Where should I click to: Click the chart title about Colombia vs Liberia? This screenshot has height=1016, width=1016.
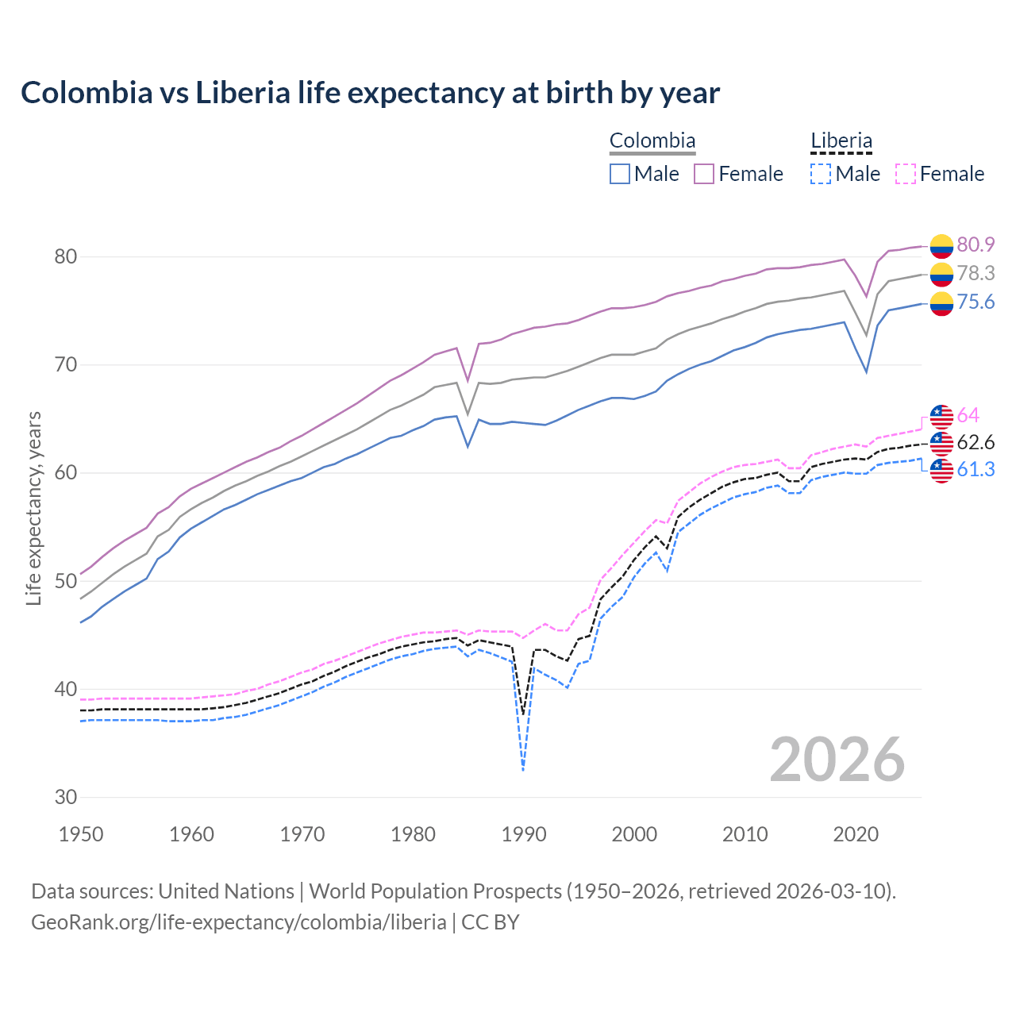pos(370,93)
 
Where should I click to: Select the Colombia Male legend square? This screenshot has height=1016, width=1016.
pos(620,174)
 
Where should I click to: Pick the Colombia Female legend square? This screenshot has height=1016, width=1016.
pos(704,174)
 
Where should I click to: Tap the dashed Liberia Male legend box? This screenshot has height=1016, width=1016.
pos(821,174)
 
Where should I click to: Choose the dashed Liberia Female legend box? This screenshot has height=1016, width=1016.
pos(905,174)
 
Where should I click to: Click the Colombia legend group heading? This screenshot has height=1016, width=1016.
pos(652,141)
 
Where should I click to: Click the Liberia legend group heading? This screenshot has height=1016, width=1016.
pos(841,141)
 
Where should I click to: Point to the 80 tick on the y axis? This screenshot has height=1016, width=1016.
pos(66,256)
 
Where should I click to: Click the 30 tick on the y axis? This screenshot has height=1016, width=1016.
pos(66,797)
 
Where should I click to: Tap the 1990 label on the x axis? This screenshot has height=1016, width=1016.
pos(524,834)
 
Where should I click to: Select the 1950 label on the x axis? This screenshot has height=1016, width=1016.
pos(82,834)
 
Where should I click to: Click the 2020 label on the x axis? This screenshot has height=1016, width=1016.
pos(856,834)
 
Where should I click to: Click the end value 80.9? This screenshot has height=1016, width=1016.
pos(976,245)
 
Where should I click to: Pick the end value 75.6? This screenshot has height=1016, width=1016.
pos(976,302)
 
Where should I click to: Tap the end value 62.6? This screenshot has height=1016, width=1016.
pos(976,442)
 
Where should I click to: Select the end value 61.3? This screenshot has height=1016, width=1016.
pos(976,470)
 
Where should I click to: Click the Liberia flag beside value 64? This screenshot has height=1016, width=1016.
pos(941,416)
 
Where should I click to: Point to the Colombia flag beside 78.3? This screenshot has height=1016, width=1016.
pos(941,275)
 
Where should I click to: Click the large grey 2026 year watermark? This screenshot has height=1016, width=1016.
pos(837,760)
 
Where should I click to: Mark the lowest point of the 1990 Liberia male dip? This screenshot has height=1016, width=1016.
pos(523,770)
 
